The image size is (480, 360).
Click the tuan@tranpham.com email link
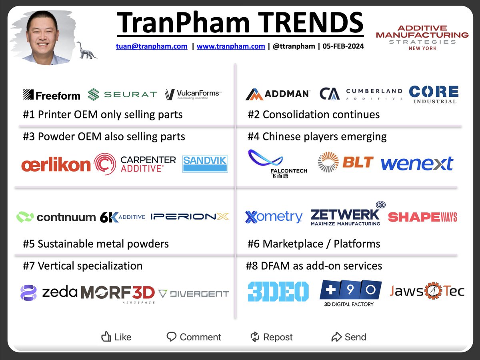(x=152, y=46)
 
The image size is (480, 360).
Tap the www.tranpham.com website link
(x=231, y=46)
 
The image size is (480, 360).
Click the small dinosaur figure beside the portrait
(x=87, y=50)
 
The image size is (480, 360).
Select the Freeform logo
(x=52, y=95)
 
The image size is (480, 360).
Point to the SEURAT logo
(x=122, y=95)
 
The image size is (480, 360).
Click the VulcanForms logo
(x=192, y=95)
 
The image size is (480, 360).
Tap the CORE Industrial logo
(x=434, y=94)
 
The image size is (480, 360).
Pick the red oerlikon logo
(x=56, y=165)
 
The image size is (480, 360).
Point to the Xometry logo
(x=274, y=217)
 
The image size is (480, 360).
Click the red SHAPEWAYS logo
(x=422, y=217)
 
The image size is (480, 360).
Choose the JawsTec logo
(x=427, y=291)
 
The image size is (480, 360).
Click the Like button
(x=116, y=337)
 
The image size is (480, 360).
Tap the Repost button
(x=272, y=337)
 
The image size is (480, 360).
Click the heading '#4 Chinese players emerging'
(x=317, y=137)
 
